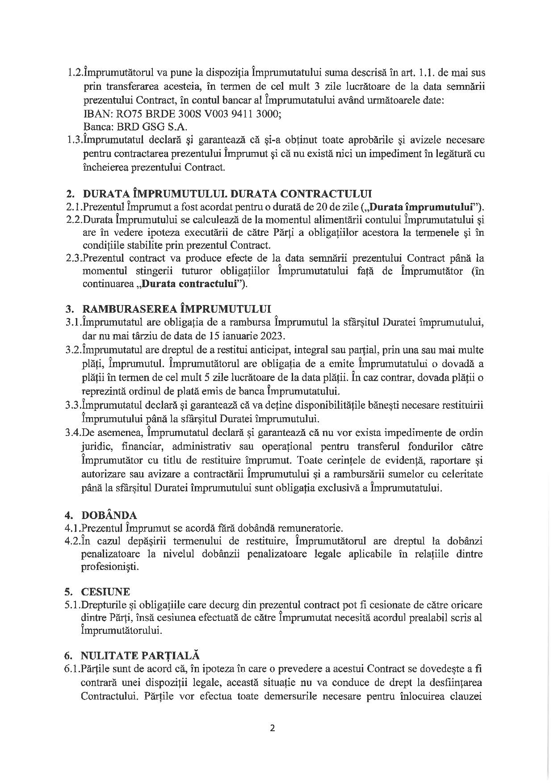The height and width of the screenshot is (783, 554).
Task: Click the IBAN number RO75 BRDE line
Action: (x=182, y=114)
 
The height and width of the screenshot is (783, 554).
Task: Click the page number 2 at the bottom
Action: (x=273, y=729)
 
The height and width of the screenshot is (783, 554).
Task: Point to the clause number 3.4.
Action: (x=74, y=432)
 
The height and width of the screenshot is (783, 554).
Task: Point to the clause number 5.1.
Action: (x=73, y=605)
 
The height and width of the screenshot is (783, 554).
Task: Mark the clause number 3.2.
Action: (x=74, y=349)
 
